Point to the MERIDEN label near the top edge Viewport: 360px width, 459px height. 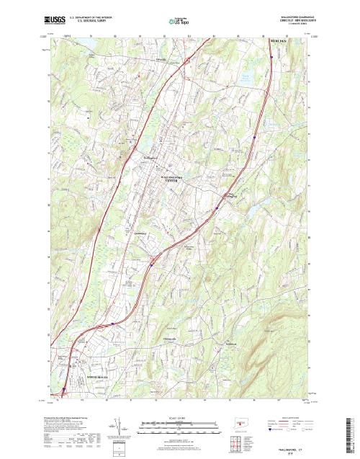(279, 42)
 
